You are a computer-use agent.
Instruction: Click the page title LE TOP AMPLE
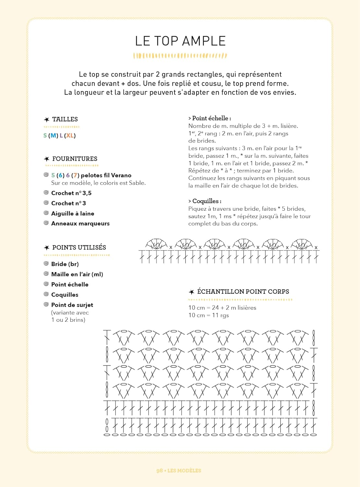click(180, 41)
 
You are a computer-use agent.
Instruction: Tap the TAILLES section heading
click(65, 119)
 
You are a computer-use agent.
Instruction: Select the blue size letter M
click(54, 135)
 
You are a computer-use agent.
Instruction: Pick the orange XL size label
click(70, 135)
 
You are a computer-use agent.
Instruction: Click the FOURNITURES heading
click(75, 159)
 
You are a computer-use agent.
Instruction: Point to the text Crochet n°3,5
click(71, 193)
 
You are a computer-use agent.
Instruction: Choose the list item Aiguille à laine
click(73, 213)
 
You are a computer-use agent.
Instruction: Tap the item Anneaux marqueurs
click(80, 223)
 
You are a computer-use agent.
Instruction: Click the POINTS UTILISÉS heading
click(79, 247)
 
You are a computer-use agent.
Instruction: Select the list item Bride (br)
click(65, 264)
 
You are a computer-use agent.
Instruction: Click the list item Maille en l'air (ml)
click(77, 274)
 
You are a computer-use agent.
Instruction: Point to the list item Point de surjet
click(72, 305)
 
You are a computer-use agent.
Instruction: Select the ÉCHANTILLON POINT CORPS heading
click(243, 292)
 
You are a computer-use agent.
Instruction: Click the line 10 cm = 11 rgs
click(209, 315)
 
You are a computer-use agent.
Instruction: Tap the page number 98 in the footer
click(159, 470)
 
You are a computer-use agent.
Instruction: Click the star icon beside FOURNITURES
click(47, 159)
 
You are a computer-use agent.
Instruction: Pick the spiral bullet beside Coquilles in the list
click(46, 294)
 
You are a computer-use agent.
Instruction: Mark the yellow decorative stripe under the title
click(180, 56)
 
